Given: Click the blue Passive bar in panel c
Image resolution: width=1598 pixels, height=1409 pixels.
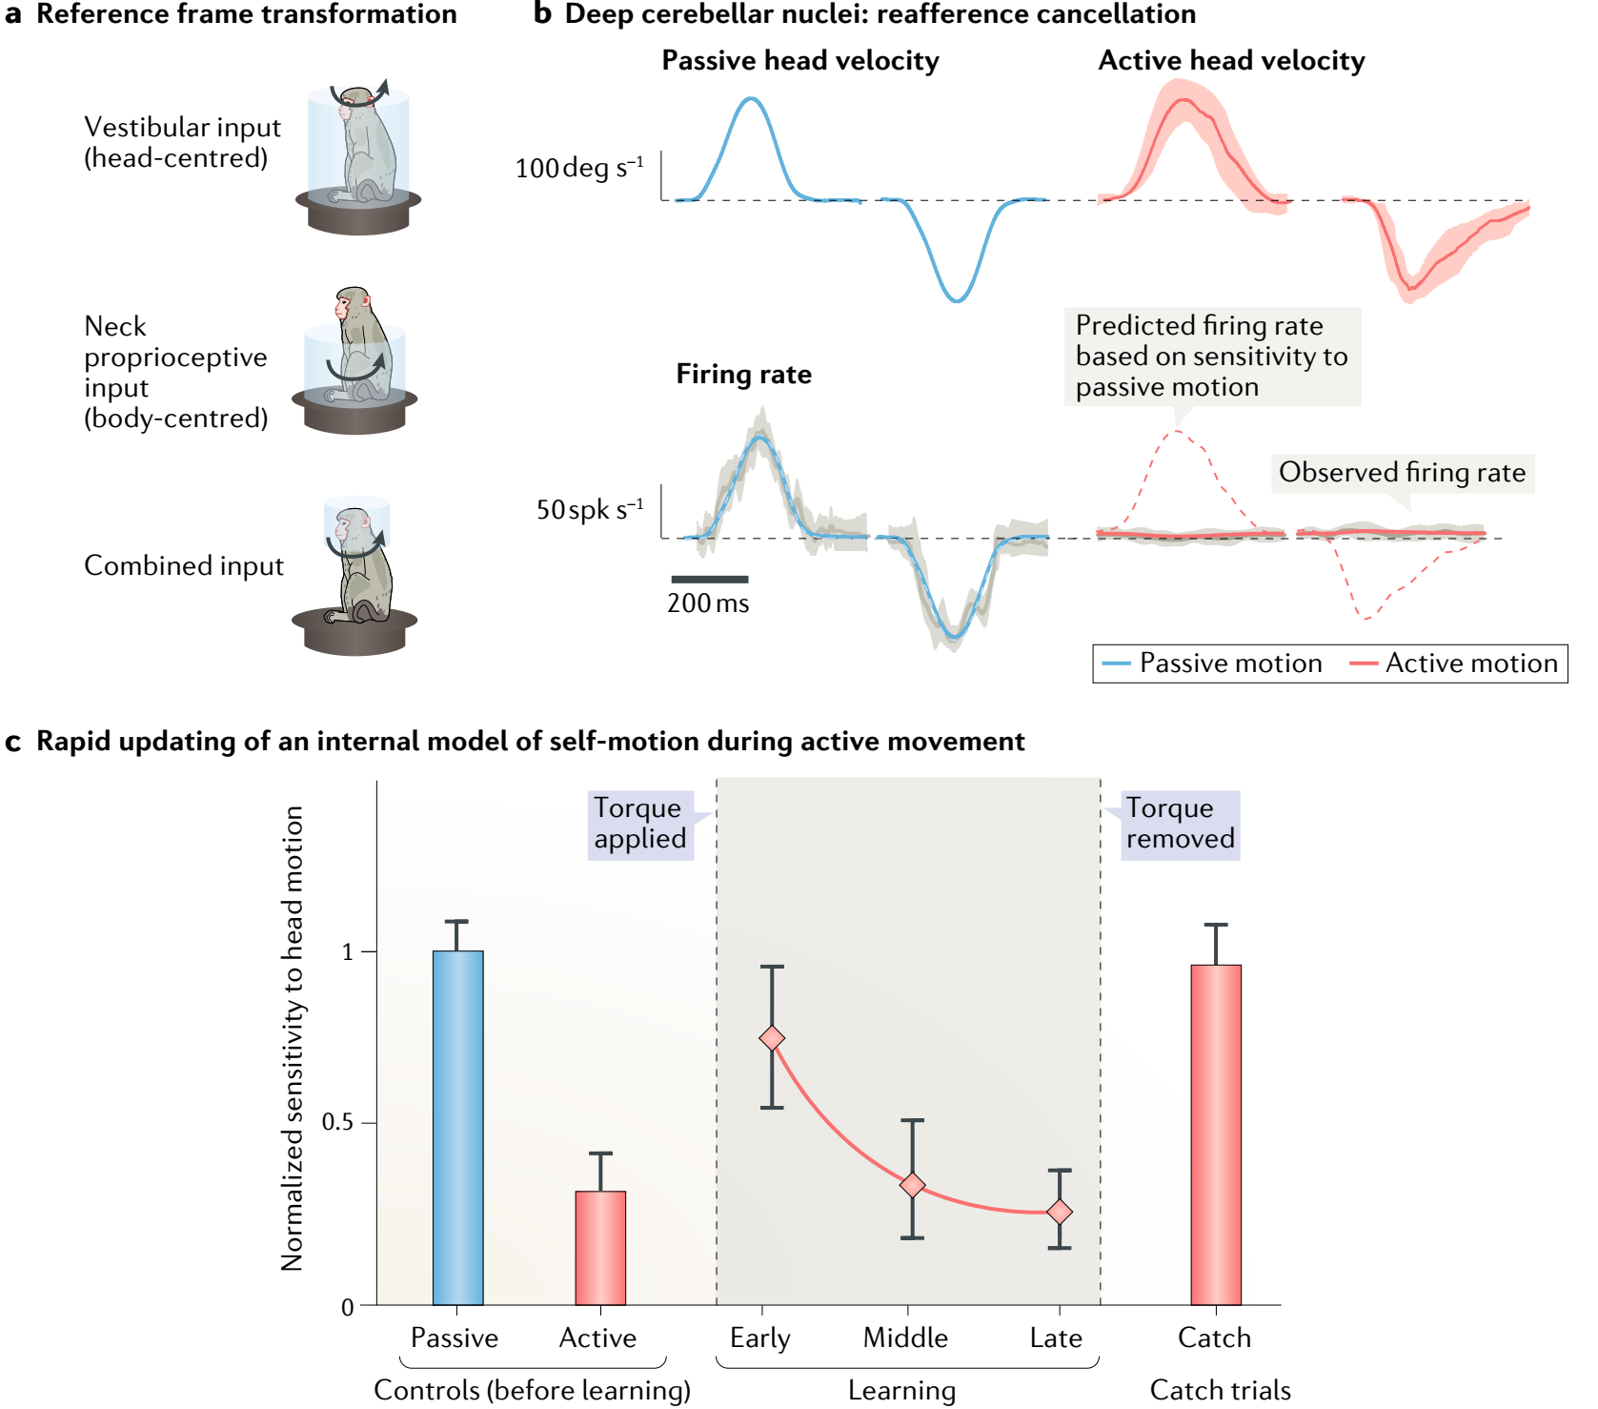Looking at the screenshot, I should [x=457, y=1127].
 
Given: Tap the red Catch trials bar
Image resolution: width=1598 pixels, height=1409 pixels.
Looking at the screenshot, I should [x=1216, y=1134].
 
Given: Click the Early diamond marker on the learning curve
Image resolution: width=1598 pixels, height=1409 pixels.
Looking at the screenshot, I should [x=772, y=1038].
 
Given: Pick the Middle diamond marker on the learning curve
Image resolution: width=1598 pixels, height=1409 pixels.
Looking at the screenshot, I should [x=912, y=1185].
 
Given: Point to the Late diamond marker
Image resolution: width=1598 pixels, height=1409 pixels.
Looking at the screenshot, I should [x=1060, y=1212].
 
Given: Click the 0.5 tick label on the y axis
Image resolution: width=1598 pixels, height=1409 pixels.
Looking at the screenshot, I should [x=337, y=1122].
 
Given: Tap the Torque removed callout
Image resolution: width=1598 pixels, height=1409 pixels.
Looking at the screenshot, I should [x=1180, y=825].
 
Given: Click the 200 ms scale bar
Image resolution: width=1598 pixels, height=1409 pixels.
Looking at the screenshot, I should [x=710, y=579].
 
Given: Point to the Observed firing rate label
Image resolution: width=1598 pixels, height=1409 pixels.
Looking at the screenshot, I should [x=1402, y=473].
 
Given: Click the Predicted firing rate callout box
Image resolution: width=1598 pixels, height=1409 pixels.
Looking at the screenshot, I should [x=1211, y=357].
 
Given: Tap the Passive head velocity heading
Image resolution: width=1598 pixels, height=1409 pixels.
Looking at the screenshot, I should [x=800, y=61].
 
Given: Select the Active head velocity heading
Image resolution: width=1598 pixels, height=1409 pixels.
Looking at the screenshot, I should [x=1231, y=61].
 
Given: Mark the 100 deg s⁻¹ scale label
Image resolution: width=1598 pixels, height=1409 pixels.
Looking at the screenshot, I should [x=579, y=169].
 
